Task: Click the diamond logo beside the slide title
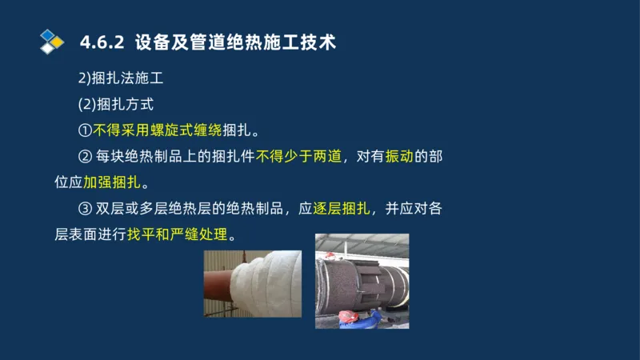point(51,41)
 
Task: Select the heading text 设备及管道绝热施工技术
point(235,42)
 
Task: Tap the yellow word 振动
point(398,157)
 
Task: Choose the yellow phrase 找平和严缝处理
point(176,236)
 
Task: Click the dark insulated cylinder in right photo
point(352,276)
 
